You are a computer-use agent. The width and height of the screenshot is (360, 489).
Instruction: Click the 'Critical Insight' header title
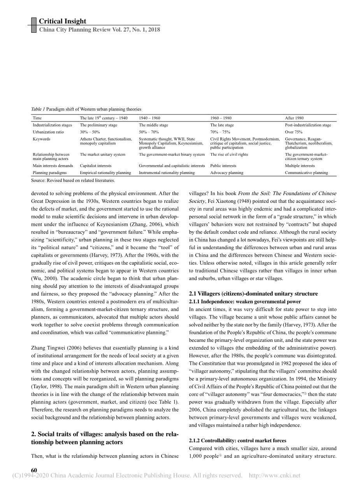tap(63, 21)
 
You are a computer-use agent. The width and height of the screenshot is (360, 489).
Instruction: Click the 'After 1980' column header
tap(294, 118)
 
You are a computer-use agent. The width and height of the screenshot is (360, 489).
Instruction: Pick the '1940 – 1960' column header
tap(149, 118)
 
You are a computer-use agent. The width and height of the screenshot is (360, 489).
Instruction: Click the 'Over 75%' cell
tap(295, 132)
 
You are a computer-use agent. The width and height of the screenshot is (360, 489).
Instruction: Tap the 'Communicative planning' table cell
tap(306, 172)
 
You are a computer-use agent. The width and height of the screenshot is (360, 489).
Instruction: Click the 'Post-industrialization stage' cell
tap(308, 125)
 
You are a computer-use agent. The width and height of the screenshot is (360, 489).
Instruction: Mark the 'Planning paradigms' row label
tap(50, 172)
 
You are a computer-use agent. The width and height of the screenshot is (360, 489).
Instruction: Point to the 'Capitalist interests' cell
tap(96, 165)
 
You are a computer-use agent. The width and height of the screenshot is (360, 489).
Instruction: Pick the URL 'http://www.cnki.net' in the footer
tap(274, 475)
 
